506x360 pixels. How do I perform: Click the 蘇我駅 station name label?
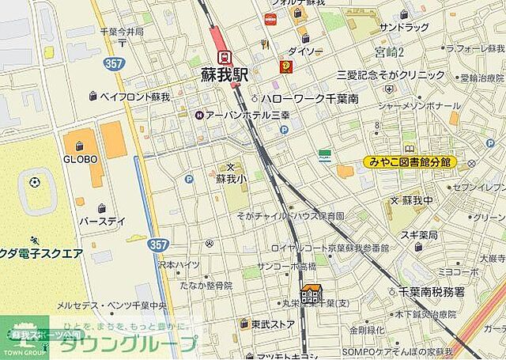[224, 74]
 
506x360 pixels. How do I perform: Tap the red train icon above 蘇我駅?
[225, 56]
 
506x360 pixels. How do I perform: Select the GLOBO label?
[80, 159]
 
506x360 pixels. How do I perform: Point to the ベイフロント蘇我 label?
[134, 97]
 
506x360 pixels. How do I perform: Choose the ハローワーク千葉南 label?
[310, 99]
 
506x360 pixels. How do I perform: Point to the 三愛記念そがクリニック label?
[391, 75]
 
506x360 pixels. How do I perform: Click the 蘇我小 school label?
[231, 180]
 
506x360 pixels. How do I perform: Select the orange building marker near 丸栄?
[312, 295]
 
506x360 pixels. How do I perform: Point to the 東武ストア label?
[273, 324]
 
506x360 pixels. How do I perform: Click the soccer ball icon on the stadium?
[35, 183]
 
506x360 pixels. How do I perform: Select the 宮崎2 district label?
[389, 52]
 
